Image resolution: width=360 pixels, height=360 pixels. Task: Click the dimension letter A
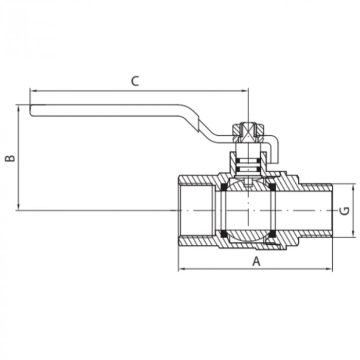pos(256,261)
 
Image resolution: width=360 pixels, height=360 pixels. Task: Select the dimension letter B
pos(9,157)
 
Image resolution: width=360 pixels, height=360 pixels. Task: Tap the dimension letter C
pos(135,81)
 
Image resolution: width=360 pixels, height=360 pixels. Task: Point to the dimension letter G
pos(346,210)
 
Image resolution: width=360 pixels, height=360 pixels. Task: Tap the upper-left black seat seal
pos(224,186)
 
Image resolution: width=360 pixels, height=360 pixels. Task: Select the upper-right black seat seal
pos(272,186)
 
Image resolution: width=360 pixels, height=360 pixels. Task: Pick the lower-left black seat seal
pos(224,235)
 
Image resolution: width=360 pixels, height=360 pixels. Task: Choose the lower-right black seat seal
pos(272,235)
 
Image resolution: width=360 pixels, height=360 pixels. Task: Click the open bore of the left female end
pos(195,210)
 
